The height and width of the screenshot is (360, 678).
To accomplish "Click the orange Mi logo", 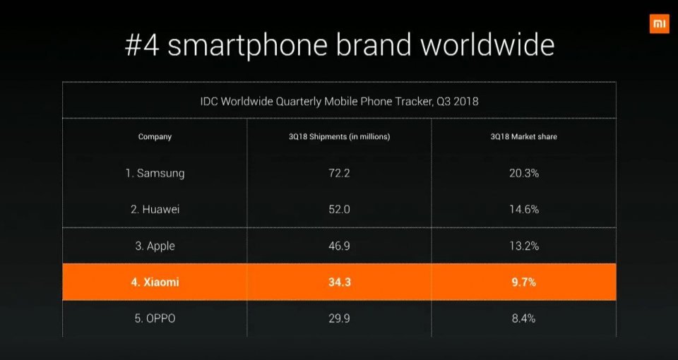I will click(659, 23).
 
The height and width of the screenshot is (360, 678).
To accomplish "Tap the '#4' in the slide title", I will click(143, 45).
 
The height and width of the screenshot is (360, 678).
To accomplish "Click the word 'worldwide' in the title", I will click(487, 45).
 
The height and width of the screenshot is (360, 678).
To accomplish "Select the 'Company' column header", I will click(155, 137).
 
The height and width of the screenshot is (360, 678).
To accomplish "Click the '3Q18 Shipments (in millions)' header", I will click(335, 137).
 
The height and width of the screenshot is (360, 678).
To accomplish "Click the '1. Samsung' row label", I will click(155, 173).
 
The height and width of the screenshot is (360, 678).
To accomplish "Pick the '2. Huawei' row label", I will click(155, 210).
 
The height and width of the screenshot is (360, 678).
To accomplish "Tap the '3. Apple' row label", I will click(155, 246).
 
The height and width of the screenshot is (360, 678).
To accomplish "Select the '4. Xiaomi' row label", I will click(155, 282).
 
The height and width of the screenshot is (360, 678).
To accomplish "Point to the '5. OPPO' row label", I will click(155, 319).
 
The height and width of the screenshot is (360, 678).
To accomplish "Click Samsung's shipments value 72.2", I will click(335, 173).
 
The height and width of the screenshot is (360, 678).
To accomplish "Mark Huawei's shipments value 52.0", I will click(335, 210).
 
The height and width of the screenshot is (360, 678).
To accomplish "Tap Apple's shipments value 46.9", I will click(335, 246).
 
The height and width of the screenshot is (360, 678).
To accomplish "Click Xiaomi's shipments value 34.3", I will click(335, 282).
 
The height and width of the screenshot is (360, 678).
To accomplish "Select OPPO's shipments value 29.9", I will click(335, 319).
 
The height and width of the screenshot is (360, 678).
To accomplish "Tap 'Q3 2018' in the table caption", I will click(457, 101).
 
